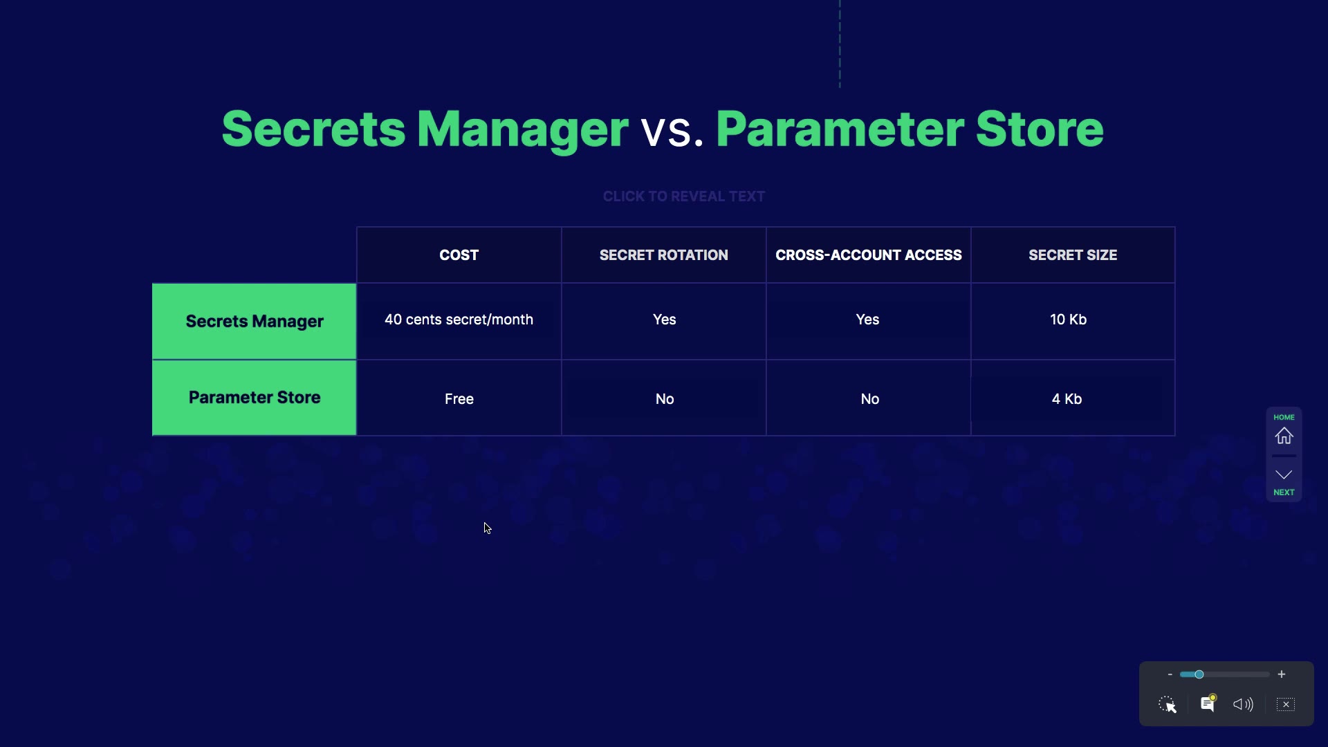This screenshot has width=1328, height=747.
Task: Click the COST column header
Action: (459, 255)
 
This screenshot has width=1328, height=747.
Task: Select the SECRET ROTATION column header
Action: (663, 255)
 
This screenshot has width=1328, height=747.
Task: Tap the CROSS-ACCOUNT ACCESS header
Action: (868, 255)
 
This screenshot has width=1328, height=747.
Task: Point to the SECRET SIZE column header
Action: (1073, 255)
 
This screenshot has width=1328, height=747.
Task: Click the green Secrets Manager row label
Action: (254, 322)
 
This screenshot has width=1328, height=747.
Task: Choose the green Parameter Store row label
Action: (254, 398)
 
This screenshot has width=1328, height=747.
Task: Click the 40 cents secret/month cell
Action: (459, 320)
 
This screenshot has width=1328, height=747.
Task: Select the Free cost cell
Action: (459, 398)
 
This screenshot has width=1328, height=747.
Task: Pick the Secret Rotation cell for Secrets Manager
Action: (664, 320)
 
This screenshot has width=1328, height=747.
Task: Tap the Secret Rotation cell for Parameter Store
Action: (664, 398)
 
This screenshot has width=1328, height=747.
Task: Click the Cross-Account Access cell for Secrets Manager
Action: (867, 320)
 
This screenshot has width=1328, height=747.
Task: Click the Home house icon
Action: (1284, 436)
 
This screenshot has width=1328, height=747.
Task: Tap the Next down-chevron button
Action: (1284, 474)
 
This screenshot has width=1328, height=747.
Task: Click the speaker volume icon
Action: (1243, 704)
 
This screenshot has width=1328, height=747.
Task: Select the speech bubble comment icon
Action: (1208, 703)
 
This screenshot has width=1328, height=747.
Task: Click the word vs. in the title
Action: (672, 130)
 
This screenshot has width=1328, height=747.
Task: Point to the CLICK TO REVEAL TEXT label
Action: (684, 196)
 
